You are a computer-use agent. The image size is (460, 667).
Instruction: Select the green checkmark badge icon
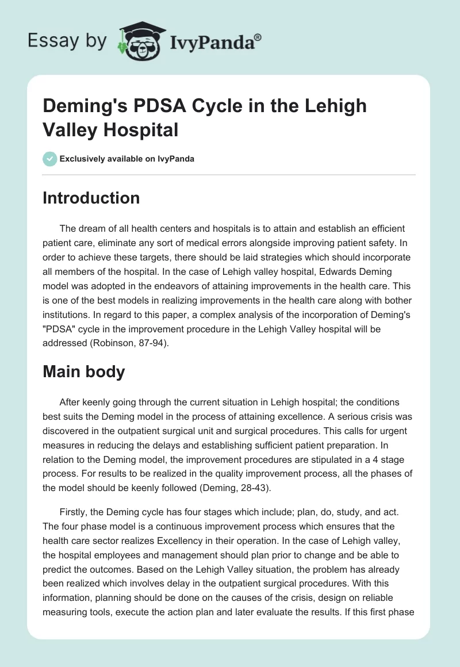pyautogui.click(x=50, y=159)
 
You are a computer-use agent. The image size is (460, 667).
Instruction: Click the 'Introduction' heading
pyautogui.click(x=91, y=198)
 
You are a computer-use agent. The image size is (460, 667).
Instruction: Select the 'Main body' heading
pyautogui.click(x=84, y=371)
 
